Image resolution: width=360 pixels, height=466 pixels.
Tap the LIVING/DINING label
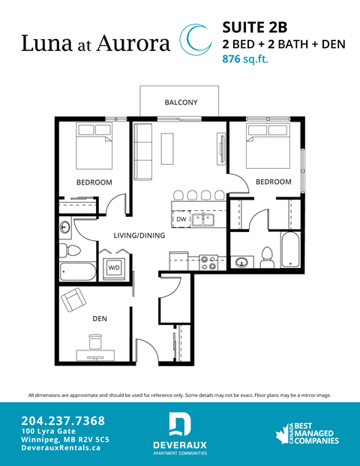[x=139, y=236]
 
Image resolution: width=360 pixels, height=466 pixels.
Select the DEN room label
[x=99, y=318]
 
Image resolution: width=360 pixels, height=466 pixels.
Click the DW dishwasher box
[x=181, y=219]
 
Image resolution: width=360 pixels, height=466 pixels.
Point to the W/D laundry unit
[x=114, y=266]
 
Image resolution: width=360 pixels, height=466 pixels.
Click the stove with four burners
[x=208, y=263]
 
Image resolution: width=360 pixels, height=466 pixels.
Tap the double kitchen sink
[x=202, y=219]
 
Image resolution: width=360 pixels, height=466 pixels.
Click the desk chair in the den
[x=95, y=342]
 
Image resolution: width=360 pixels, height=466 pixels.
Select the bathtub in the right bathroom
[x=289, y=249]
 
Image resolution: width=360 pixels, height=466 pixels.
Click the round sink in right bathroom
[x=241, y=262]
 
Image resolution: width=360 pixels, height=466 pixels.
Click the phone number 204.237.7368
[x=63, y=420]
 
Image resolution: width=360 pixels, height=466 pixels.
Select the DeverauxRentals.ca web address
[x=61, y=446]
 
